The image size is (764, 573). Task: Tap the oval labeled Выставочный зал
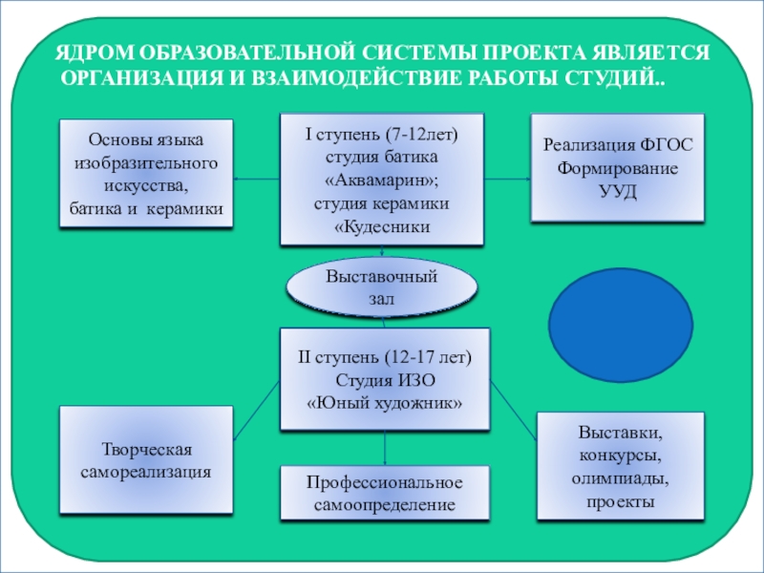coord(382,287)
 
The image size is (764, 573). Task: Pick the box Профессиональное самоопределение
coord(384,493)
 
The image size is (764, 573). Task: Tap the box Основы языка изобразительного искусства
coord(146,173)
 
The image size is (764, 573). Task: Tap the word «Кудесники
coord(382,227)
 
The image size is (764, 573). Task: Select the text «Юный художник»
coord(384,403)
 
